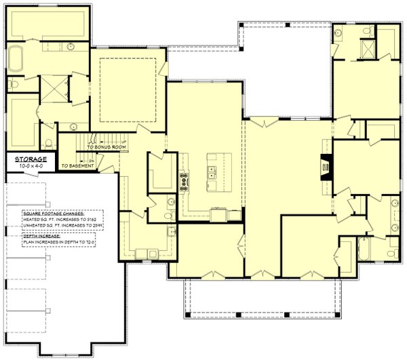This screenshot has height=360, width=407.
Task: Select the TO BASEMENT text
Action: pyautogui.click(x=77, y=165)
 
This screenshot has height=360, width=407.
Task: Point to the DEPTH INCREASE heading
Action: pyautogui.click(x=40, y=235)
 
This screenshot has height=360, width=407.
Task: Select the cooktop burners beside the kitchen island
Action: pyautogui.click(x=184, y=180)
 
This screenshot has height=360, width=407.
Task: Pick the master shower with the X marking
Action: pyautogui.click(x=51, y=89)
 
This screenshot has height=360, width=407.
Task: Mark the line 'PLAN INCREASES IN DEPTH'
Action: pyautogui.click(x=57, y=241)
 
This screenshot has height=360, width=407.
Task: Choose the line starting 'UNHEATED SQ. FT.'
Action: pyautogui.click(x=61, y=226)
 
